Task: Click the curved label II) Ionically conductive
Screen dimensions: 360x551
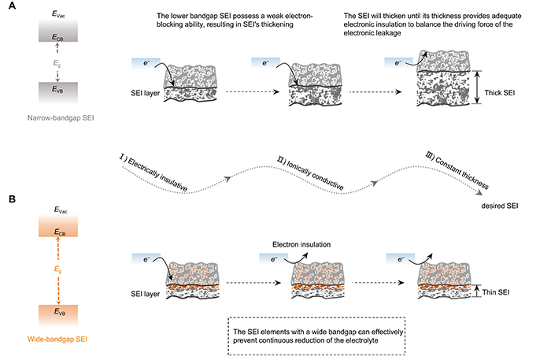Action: coord(315,167)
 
